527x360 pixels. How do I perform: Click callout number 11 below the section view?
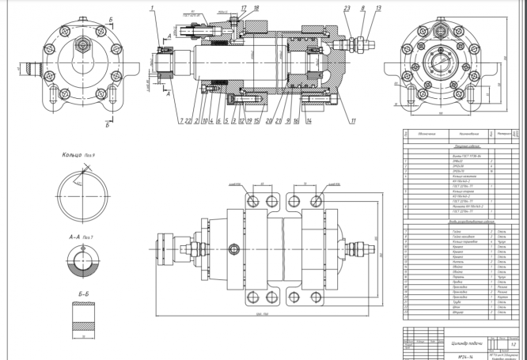(x=354, y=120)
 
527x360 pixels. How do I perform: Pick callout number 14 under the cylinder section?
(x=309, y=120)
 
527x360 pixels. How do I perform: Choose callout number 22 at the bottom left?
(x=188, y=120)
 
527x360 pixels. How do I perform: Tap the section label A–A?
(x=77, y=235)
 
